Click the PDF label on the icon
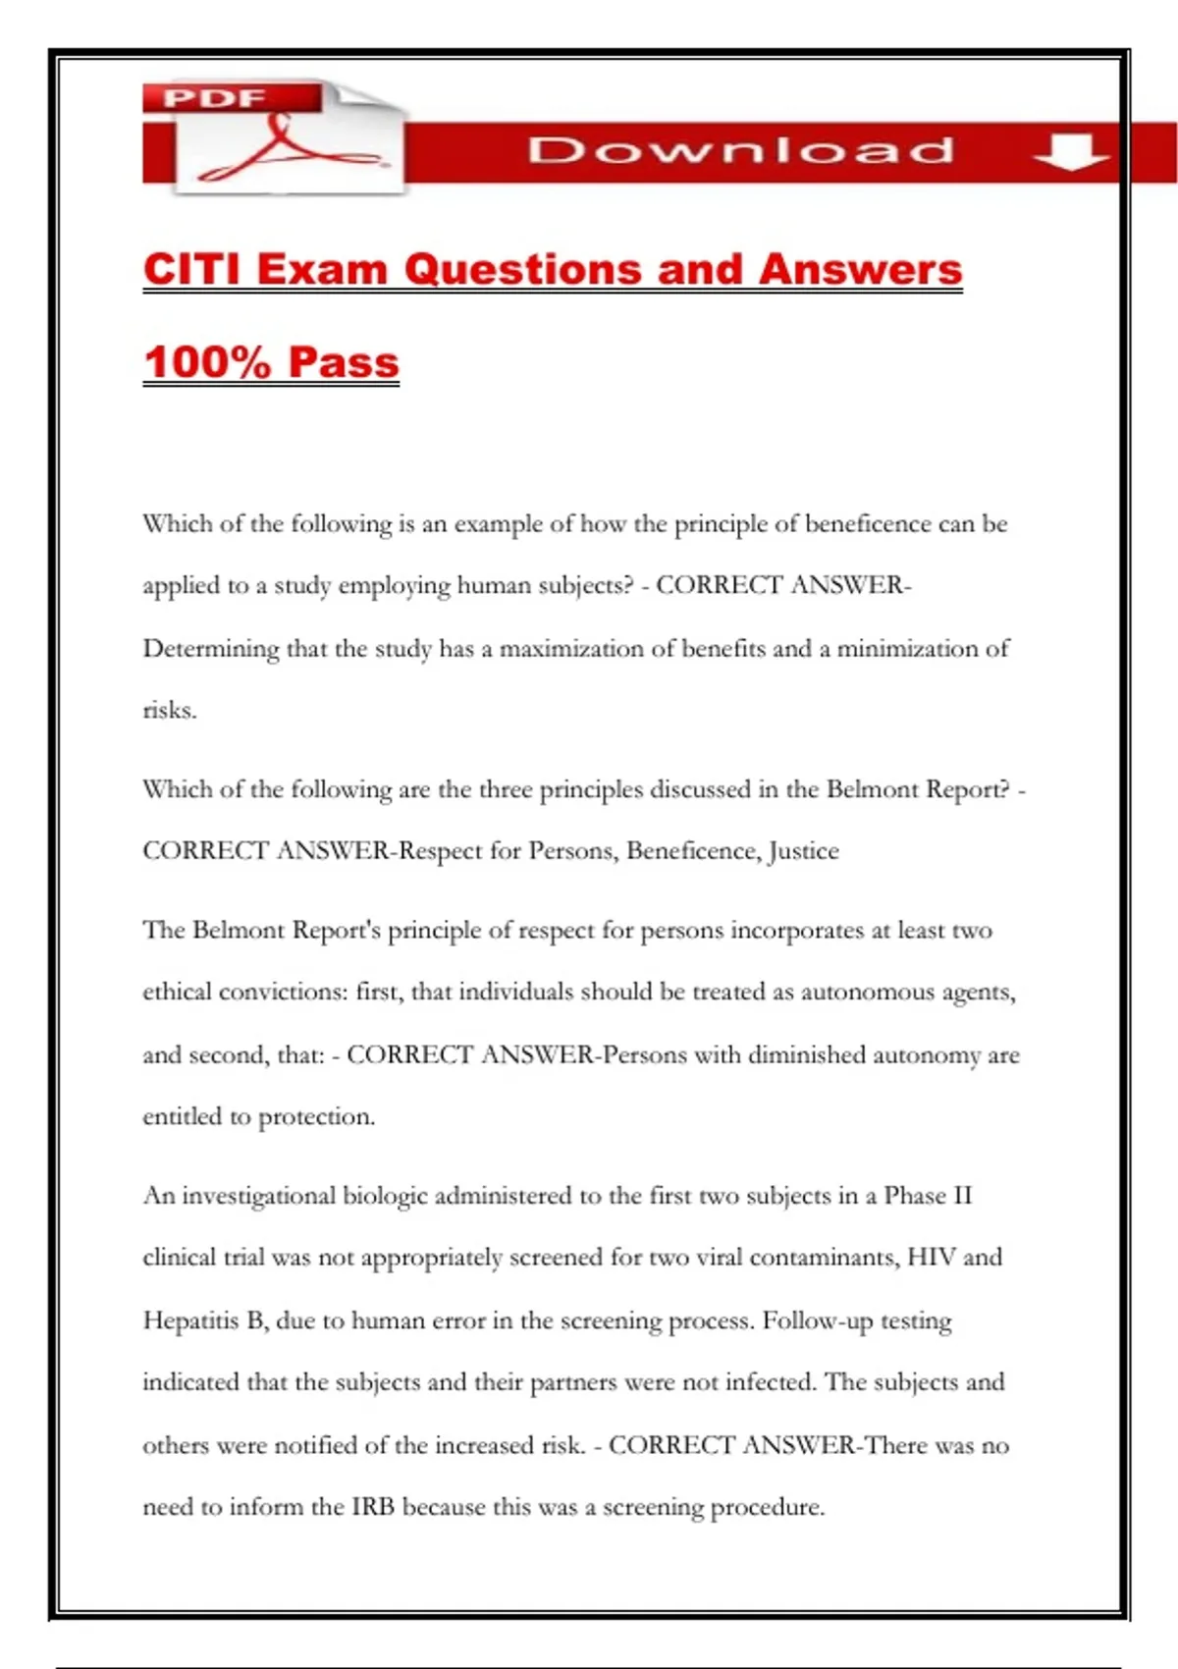coord(214,98)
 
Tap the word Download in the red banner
coord(740,150)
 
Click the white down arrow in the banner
coord(1069,151)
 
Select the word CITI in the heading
coord(192,269)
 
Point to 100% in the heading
coord(207,361)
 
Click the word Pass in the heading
coord(344,361)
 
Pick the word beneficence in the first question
coord(868,523)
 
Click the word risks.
coord(169,710)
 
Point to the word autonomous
coord(868,992)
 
